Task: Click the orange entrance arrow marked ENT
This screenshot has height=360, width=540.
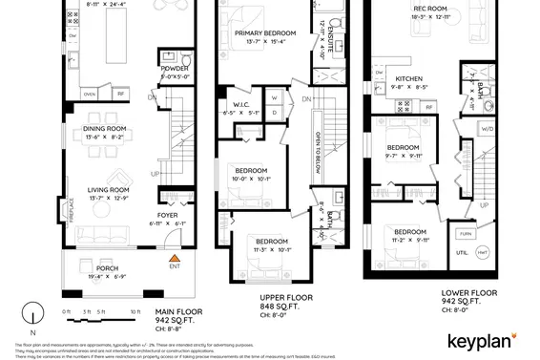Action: coord(173,258)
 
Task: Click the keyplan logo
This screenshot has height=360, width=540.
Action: coord(478,340)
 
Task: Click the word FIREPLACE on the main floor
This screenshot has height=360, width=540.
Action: coord(73,209)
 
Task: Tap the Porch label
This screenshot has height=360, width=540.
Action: coord(107,272)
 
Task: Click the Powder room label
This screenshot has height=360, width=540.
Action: coord(176,68)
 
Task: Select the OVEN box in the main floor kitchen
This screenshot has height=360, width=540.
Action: coord(90,95)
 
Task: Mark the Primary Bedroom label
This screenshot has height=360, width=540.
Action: coord(265,33)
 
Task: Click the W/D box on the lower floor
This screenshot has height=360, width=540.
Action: coord(487,128)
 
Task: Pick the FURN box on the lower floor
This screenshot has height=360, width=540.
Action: coord(465,234)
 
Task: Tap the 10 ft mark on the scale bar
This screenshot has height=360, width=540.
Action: coord(135,312)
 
